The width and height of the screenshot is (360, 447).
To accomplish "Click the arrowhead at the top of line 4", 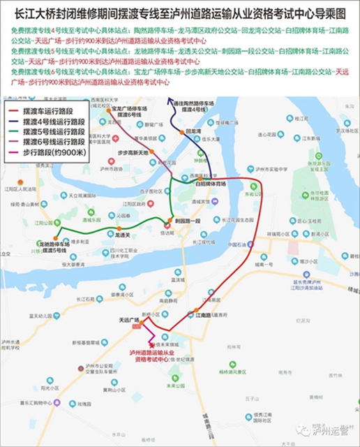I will pyautogui.click(x=170, y=103).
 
